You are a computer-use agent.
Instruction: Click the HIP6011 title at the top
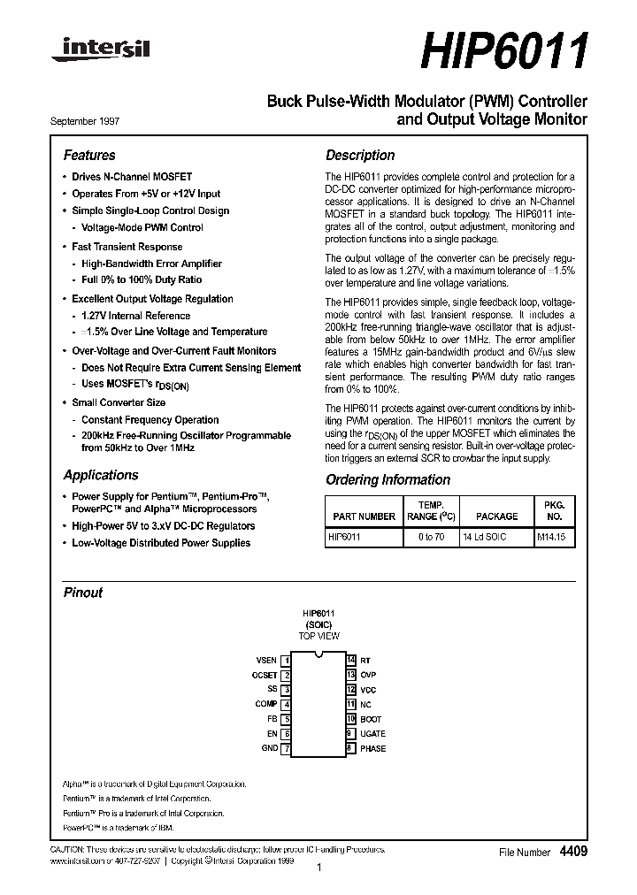pos(502,52)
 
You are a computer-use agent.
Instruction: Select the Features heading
pos(89,155)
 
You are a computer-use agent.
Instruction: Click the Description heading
pos(360,155)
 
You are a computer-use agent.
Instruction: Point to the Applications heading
pos(101,475)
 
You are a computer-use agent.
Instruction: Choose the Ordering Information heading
pos(388,479)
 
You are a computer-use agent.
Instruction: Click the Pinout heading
pos(83,593)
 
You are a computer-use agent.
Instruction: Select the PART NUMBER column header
pos(364,516)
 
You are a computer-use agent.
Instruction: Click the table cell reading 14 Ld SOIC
pos(484,538)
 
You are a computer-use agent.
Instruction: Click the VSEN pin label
pos(266,661)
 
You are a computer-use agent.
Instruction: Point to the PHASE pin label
pos(372,748)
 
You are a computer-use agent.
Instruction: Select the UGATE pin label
pos(372,734)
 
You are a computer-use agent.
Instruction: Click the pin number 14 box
pos(350,661)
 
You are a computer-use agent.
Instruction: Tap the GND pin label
pos(270,748)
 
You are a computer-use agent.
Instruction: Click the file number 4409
pos(572,851)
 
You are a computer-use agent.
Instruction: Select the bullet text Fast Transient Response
pos(127,247)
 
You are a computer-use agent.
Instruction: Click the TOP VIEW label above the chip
pos(318,636)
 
